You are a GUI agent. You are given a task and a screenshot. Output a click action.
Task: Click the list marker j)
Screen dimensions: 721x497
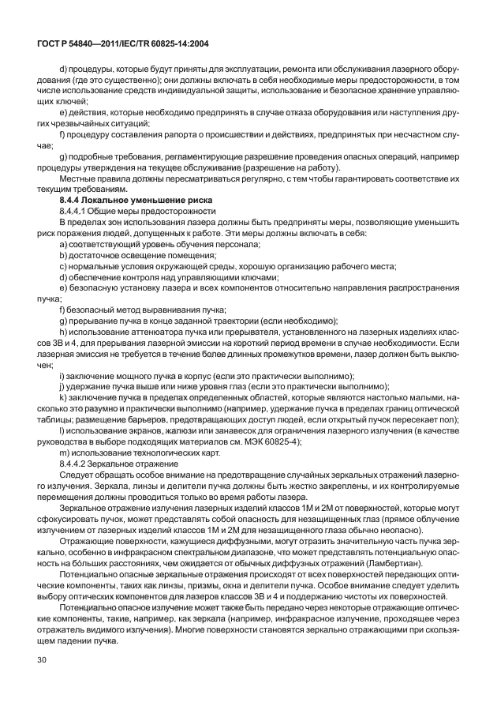52,387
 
